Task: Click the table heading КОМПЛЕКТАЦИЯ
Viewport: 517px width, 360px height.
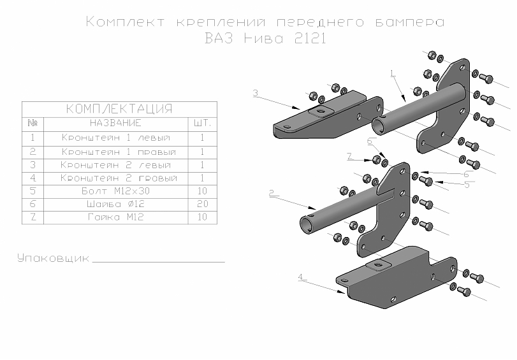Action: pyautogui.click(x=119, y=108)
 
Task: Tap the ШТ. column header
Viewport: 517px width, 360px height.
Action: pyautogui.click(x=201, y=122)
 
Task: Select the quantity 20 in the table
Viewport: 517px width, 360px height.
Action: pyautogui.click(x=201, y=204)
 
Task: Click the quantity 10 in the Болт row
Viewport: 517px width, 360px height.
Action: pyautogui.click(x=201, y=191)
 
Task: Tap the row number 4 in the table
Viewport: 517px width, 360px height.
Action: pyautogui.click(x=33, y=177)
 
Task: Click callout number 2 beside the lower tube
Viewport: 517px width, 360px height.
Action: pyautogui.click(x=272, y=192)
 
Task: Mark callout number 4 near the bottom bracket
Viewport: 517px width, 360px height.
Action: pyautogui.click(x=300, y=277)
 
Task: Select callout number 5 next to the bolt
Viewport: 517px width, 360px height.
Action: pyautogui.click(x=467, y=185)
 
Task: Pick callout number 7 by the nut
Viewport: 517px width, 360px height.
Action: pyautogui.click(x=349, y=155)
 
